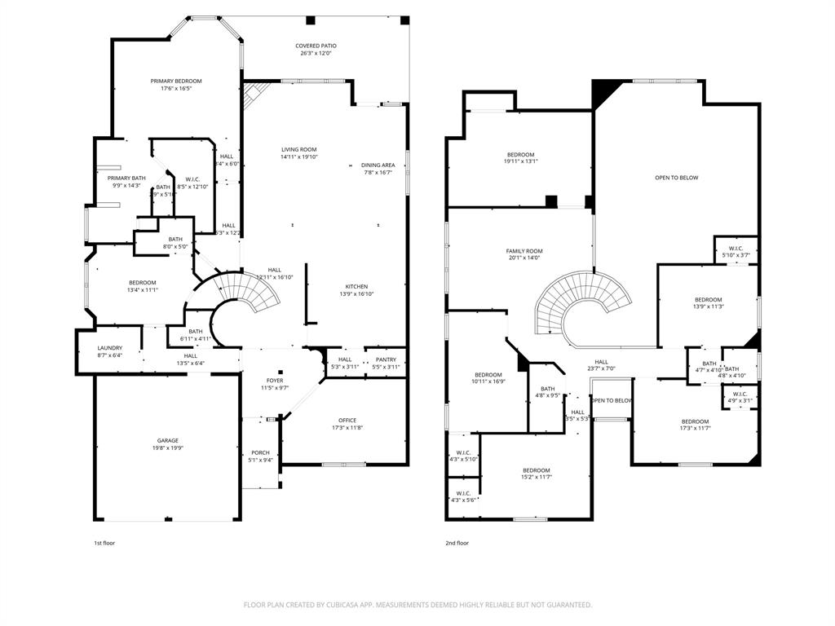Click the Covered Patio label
316,46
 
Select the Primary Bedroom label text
175,82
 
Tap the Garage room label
168,441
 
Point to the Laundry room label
109,348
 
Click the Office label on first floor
347,421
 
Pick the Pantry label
385,359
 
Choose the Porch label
260,453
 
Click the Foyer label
275,381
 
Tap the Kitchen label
356,287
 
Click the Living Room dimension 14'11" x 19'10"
298,157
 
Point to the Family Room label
524,251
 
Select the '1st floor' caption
104,543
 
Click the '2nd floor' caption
457,543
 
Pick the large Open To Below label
676,178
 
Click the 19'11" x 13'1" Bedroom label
520,158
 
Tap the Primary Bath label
126,179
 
